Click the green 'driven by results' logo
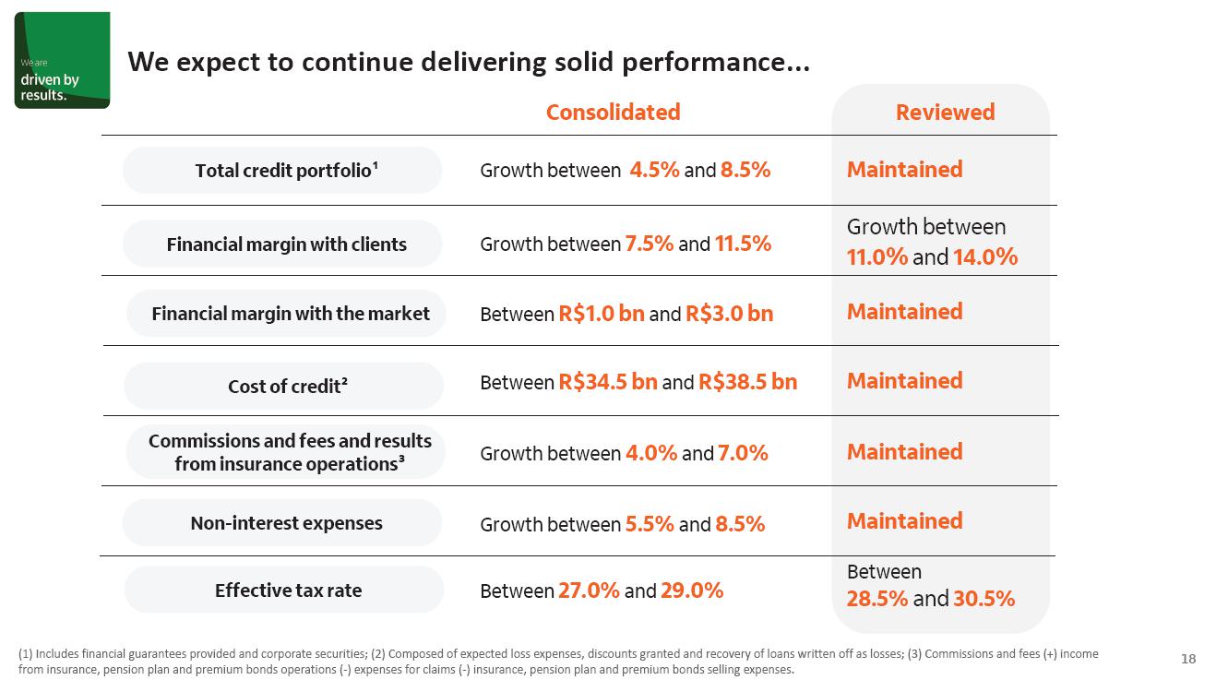point(62,61)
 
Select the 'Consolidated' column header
point(613,113)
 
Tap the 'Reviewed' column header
point(945,113)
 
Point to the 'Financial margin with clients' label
point(286,245)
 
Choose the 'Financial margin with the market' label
point(290,314)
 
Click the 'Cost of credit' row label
point(287,387)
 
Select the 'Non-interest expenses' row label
point(286,523)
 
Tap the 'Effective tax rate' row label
point(288,591)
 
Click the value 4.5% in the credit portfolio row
point(654,170)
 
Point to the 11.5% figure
point(743,245)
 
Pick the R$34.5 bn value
point(607,382)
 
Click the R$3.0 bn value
point(729,314)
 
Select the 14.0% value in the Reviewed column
point(985,257)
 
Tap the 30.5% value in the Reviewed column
point(984,599)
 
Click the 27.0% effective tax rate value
point(589,591)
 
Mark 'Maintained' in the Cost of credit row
point(904,381)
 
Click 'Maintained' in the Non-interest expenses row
point(904,521)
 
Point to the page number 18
point(1188,659)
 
